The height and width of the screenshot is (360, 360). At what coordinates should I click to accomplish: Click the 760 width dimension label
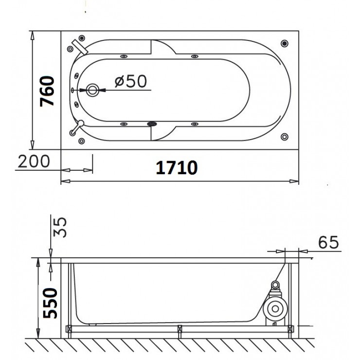47,91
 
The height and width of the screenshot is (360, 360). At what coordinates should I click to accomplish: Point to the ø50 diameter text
131,82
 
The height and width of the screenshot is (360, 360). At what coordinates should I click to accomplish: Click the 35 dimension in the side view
61,227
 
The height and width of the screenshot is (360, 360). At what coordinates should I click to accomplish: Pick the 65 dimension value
328,241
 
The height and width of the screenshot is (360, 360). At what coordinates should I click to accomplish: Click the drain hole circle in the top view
93,90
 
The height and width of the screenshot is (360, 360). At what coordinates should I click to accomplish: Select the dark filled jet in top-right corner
284,44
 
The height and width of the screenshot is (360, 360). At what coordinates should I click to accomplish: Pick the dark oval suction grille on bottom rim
153,124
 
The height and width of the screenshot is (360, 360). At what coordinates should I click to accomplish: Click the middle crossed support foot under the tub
180,330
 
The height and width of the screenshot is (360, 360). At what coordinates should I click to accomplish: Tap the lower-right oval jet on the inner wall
194,124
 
